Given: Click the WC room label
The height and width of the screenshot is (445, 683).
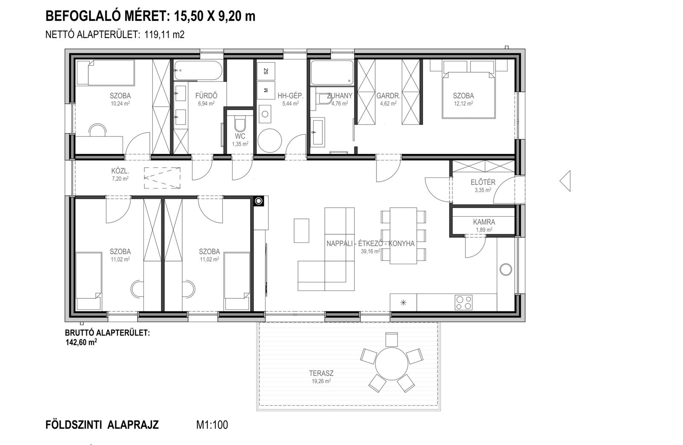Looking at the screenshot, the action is coord(240,136).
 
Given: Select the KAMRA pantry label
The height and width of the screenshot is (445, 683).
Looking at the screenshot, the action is coord(484,222).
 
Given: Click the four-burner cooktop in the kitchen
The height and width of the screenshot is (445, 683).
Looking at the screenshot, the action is coord(464,302).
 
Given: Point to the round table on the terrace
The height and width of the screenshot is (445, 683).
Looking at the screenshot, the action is coord(391,364).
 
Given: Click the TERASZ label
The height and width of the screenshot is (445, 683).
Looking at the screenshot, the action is coord(321,373).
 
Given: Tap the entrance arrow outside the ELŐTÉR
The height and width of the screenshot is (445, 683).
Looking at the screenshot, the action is coord(565,181).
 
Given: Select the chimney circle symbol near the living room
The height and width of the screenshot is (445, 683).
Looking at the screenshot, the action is coord(259,201).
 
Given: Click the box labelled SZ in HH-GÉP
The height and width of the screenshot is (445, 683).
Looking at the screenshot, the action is coord(266,71).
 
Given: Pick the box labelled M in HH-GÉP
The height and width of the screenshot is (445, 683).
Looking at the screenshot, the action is coord(266,90).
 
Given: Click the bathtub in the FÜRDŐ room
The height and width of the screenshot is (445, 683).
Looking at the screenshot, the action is coord(198,71).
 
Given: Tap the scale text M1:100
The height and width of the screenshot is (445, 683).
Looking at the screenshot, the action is coord(212,425).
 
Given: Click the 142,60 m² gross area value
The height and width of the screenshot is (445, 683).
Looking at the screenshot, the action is coord(81,342).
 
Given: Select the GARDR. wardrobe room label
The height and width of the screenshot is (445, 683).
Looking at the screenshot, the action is coord(388,96).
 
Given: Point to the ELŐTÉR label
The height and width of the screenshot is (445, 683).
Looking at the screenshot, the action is coord(483,182).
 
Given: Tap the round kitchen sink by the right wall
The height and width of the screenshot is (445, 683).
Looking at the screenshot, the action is coord(506,270).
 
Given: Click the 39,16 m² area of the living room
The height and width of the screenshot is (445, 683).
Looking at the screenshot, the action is coord(371,251).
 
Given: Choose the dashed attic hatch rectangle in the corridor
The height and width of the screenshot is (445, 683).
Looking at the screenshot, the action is coord(162,177).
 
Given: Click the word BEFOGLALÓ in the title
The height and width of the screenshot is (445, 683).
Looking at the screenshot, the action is coord(82,17).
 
